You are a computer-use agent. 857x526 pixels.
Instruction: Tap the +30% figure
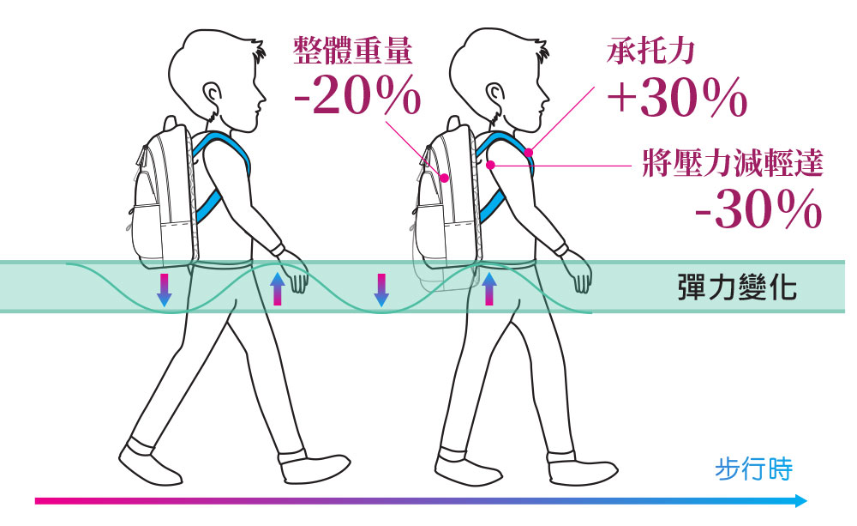[677, 98]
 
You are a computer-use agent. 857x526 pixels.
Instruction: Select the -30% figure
[758, 209]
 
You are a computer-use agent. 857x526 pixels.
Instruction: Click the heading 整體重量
[352, 51]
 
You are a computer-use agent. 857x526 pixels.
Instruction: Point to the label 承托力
[650, 51]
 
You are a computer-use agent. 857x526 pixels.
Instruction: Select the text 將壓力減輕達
[733, 162]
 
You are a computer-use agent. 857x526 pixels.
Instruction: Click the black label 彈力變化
[737, 287]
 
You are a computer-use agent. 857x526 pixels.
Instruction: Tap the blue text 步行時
[753, 469]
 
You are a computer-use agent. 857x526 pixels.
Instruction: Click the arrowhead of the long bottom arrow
[801, 500]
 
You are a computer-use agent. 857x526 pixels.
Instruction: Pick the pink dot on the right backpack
[444, 178]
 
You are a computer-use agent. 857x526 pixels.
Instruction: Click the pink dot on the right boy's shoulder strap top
[529, 152]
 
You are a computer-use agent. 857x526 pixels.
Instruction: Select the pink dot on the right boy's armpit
[491, 165]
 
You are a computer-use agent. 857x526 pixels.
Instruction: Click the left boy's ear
[213, 94]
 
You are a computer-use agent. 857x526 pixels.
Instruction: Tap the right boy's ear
[494, 94]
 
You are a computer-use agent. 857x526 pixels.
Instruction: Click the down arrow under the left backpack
[164, 290]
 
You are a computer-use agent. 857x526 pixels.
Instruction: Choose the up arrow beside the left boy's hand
[278, 288]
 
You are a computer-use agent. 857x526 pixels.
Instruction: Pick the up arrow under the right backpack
[488, 288]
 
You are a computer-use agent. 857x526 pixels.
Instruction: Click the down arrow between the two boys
[381, 290]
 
